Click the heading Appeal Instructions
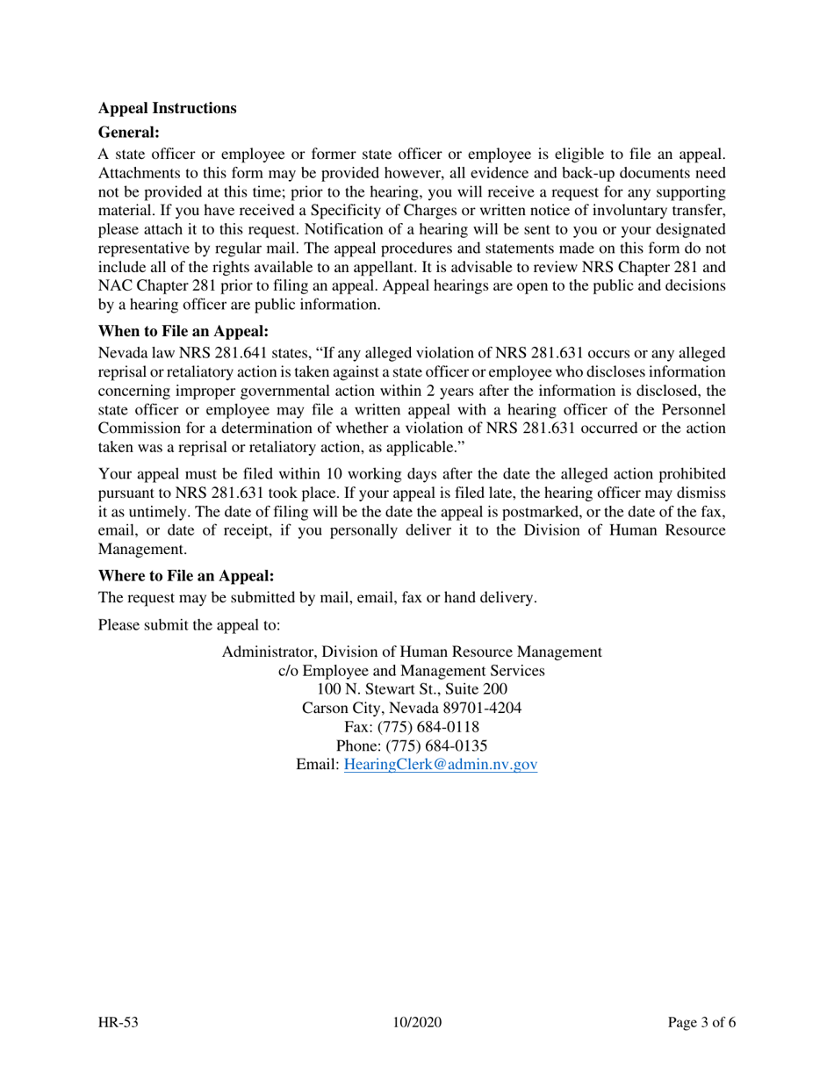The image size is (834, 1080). (x=167, y=109)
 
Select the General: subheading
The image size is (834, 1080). (x=128, y=133)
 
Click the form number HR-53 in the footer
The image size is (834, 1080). (x=119, y=1023)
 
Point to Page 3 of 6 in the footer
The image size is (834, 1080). (x=701, y=1023)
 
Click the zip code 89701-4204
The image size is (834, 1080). (x=486, y=708)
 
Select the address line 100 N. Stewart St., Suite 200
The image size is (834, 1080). (x=412, y=689)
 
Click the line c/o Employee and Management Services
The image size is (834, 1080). (x=412, y=671)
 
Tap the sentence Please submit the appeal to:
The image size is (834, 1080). (x=189, y=625)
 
